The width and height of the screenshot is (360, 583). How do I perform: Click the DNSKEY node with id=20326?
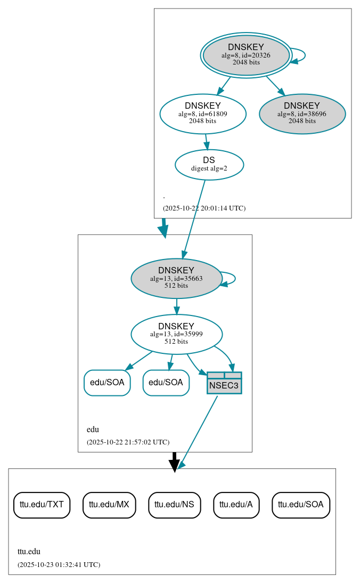pos(246,55)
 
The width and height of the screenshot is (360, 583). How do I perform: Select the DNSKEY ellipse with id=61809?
pos(203,114)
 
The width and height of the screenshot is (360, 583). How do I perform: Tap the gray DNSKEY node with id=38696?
pos(302,114)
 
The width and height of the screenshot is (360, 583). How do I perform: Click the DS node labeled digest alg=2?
pos(209,164)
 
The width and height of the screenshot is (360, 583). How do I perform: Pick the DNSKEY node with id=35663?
pos(176,278)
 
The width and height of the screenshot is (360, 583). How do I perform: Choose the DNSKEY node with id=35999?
pos(176,334)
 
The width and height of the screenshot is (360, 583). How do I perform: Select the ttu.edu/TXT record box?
pos(42,504)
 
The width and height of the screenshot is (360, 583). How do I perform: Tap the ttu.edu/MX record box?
pos(109,504)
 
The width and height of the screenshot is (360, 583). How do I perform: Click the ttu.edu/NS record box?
pos(174,504)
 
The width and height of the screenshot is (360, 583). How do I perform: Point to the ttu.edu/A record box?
pos(236,504)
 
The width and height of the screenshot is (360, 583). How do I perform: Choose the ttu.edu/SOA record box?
pos(300,504)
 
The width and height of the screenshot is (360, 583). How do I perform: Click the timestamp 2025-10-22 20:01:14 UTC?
pos(204,208)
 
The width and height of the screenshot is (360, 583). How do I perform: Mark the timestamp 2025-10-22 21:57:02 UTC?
pos(128,442)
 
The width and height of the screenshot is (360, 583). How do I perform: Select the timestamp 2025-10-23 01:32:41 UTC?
pos(59,564)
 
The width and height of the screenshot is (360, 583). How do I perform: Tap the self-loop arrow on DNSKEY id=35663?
pos(234,278)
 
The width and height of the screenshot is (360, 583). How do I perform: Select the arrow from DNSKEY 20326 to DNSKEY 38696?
pos(275,85)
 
